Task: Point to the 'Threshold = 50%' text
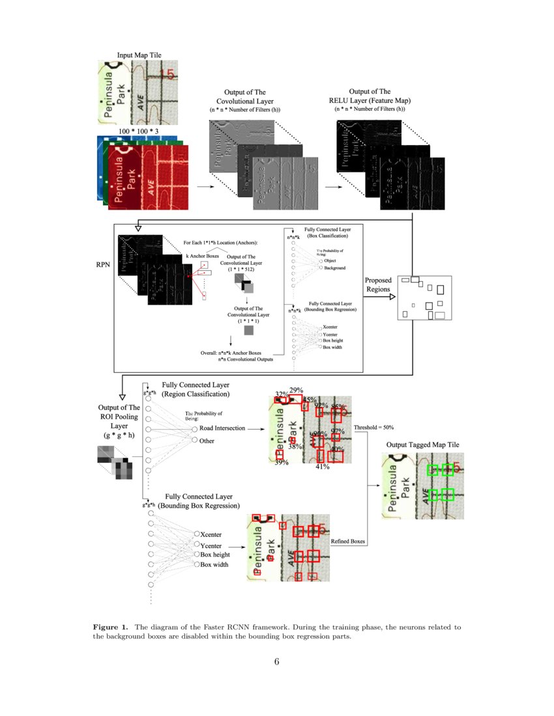click(x=373, y=427)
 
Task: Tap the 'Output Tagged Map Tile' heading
click(x=422, y=445)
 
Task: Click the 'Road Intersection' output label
click(x=222, y=428)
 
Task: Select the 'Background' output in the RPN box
click(x=335, y=268)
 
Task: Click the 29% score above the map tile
click(x=296, y=390)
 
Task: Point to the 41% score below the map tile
click(x=322, y=466)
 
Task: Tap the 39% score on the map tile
click(x=281, y=462)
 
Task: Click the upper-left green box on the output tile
click(x=432, y=470)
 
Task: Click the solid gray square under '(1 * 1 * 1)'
click(x=249, y=331)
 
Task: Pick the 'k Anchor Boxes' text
click(x=201, y=256)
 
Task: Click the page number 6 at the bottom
click(x=276, y=662)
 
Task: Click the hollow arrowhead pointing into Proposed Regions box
click(x=392, y=297)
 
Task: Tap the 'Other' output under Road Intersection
click(x=207, y=441)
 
